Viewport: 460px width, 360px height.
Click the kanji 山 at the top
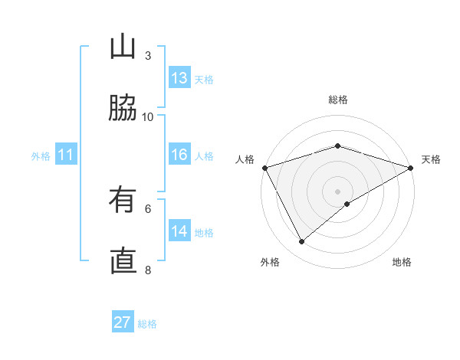coord(123,47)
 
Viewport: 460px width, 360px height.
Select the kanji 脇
coord(123,108)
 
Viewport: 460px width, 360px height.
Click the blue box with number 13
coord(179,78)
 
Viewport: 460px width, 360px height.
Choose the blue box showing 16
coord(179,155)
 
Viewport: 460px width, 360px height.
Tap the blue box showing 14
coord(179,231)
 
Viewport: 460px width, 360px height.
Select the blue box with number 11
coord(66,155)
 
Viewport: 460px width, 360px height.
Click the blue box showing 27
coord(123,322)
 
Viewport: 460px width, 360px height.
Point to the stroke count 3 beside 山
coord(148,55)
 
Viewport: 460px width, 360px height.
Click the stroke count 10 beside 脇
coord(148,116)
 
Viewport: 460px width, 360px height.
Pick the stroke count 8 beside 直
coord(148,270)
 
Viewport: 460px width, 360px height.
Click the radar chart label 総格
coord(338,100)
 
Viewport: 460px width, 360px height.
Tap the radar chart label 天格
coord(431,159)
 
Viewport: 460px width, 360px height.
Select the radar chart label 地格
coord(402,262)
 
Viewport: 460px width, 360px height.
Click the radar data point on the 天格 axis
coord(410,168)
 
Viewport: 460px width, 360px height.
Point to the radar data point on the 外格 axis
coord(302,242)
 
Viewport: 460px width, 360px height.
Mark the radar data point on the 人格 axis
coord(264,168)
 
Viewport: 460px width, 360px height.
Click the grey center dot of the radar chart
coord(338,191)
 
